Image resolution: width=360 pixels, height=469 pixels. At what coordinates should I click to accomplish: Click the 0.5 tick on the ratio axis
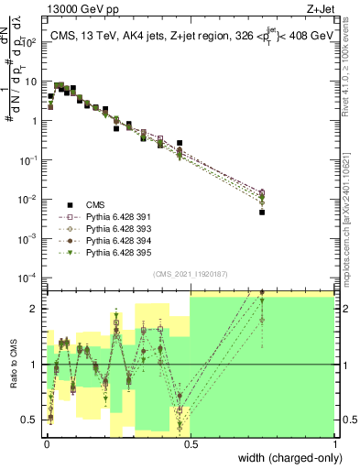(x=29, y=420)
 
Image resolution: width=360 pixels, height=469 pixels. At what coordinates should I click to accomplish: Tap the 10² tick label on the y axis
(x=30, y=42)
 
